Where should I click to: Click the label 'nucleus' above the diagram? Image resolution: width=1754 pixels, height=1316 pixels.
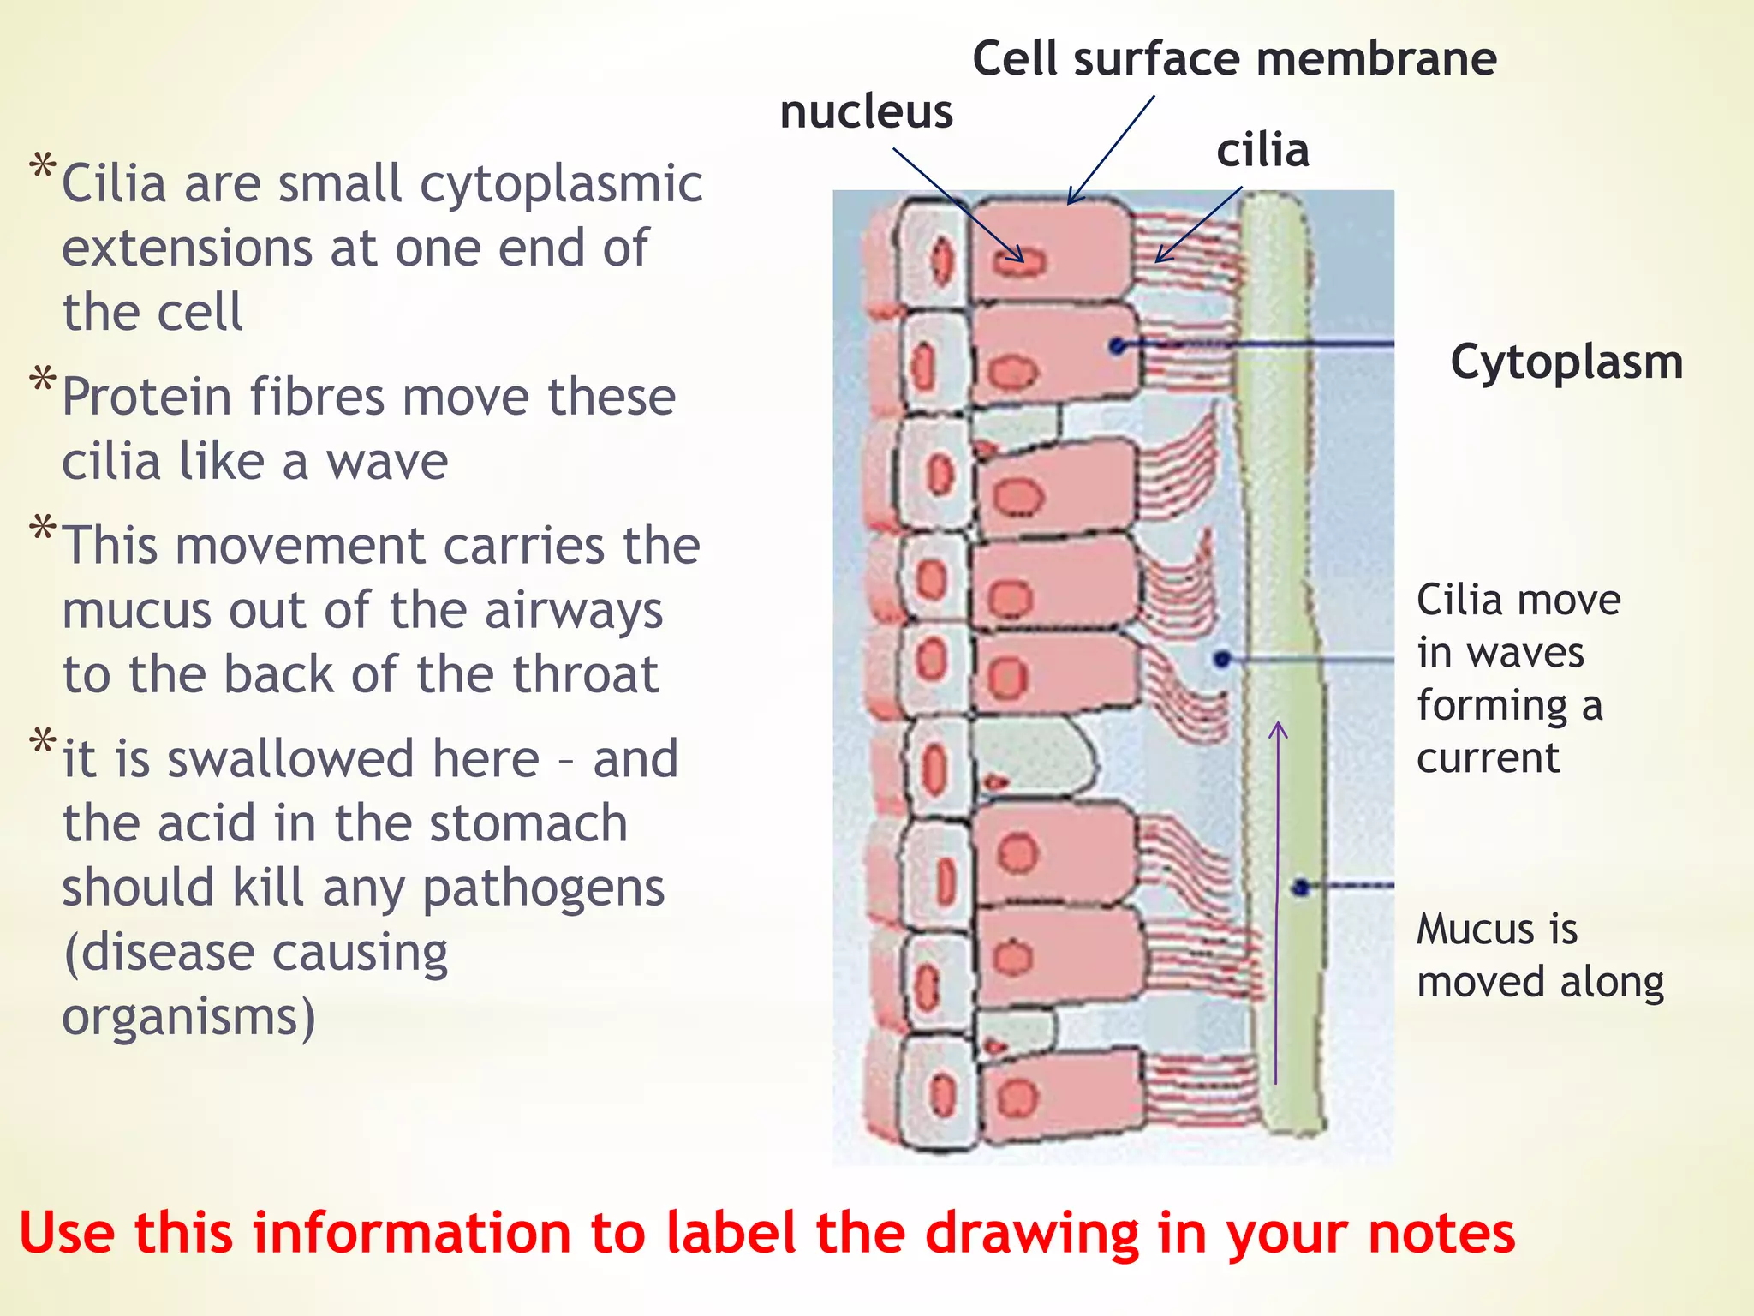click(x=866, y=112)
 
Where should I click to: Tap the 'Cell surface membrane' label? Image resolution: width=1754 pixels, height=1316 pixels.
click(x=1234, y=59)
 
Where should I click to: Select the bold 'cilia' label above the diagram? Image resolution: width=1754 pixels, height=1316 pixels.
click(x=1262, y=151)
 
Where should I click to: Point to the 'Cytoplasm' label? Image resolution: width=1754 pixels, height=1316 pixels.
click(x=1566, y=362)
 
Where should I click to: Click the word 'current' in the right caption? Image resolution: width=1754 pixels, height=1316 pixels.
click(x=1488, y=757)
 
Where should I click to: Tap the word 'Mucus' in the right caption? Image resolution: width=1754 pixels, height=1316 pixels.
click(x=1472, y=929)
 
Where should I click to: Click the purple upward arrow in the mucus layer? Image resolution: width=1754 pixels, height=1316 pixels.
click(x=1277, y=900)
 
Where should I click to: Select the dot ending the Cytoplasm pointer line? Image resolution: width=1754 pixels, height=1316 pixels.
click(x=1117, y=346)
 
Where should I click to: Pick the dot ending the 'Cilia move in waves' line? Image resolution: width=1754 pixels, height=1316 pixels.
click(x=1223, y=659)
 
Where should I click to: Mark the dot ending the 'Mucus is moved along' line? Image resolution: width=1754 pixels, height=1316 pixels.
click(x=1302, y=888)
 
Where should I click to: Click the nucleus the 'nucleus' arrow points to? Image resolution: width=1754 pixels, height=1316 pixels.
click(x=1020, y=261)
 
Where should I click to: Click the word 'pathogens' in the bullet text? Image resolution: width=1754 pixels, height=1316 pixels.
click(x=543, y=888)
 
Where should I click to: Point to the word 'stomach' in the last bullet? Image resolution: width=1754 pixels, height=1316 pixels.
click(x=528, y=823)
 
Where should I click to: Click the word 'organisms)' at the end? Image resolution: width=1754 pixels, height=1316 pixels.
click(x=188, y=1017)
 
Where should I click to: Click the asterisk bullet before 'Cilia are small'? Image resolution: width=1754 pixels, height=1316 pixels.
click(x=42, y=166)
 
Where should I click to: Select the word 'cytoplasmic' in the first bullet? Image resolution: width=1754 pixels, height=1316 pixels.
click(x=561, y=184)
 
